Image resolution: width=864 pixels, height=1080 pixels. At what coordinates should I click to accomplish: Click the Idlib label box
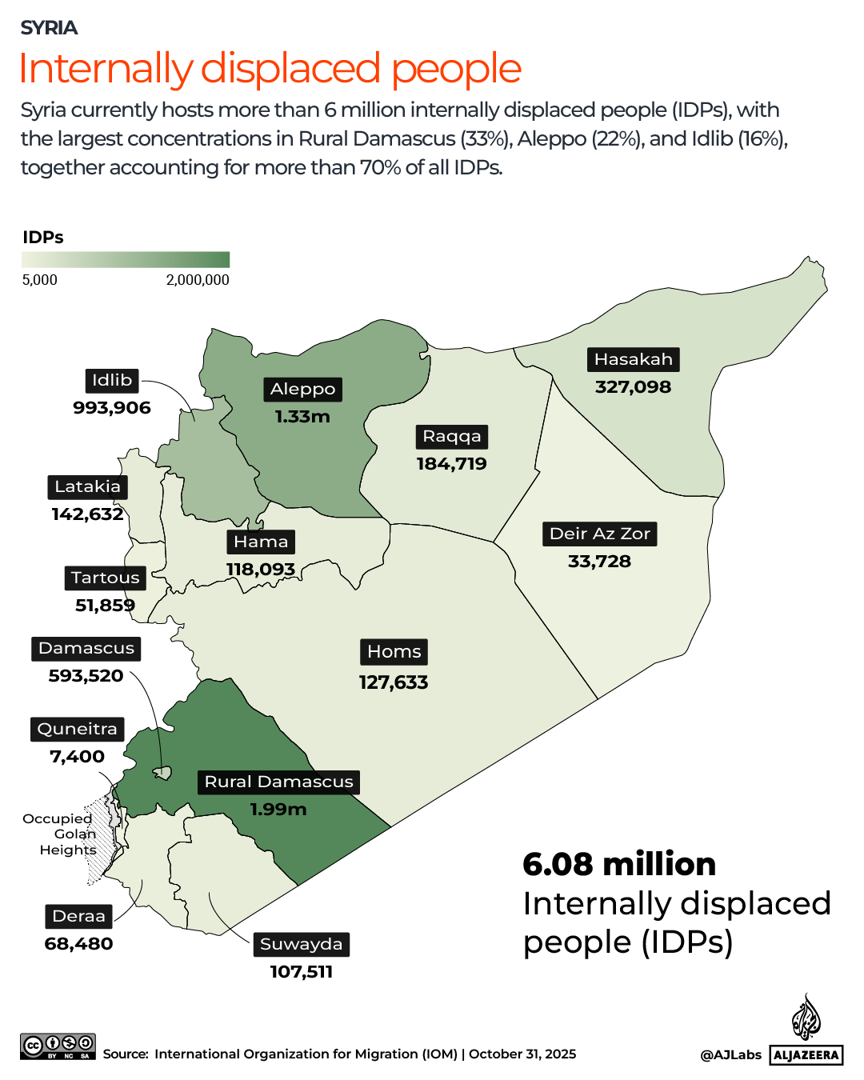[112, 380]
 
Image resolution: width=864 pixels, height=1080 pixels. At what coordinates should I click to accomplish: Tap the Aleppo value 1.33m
[302, 417]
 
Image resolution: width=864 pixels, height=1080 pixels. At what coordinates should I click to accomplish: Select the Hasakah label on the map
[634, 359]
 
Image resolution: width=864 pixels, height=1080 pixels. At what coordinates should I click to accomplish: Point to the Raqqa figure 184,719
[451, 464]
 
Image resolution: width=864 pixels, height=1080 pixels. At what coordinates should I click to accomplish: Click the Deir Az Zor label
[600, 534]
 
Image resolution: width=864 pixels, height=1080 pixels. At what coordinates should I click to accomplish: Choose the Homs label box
[394, 651]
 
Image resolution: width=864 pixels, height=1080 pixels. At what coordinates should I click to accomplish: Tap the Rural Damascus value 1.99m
[278, 810]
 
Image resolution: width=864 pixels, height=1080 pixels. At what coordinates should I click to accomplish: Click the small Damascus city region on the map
[162, 773]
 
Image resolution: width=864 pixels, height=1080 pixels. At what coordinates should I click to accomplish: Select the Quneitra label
[78, 729]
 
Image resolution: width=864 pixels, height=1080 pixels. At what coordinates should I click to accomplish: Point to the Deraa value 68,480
[78, 944]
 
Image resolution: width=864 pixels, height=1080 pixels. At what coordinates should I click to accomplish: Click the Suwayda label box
[301, 944]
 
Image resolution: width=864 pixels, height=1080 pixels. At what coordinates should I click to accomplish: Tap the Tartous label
[105, 578]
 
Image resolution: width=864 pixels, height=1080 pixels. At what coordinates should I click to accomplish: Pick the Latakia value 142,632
[87, 514]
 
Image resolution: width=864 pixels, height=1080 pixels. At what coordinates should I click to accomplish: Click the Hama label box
[261, 542]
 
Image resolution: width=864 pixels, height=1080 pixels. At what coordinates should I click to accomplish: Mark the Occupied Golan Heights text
[62, 834]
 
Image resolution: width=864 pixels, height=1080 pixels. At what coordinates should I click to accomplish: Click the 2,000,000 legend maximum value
[198, 280]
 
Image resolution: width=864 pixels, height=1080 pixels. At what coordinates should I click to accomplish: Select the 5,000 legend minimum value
[40, 280]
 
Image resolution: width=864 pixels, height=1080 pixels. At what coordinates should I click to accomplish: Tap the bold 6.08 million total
[619, 864]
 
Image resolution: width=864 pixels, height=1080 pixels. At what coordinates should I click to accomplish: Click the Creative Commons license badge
[58, 1046]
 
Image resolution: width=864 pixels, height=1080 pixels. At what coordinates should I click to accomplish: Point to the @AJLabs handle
[730, 1055]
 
